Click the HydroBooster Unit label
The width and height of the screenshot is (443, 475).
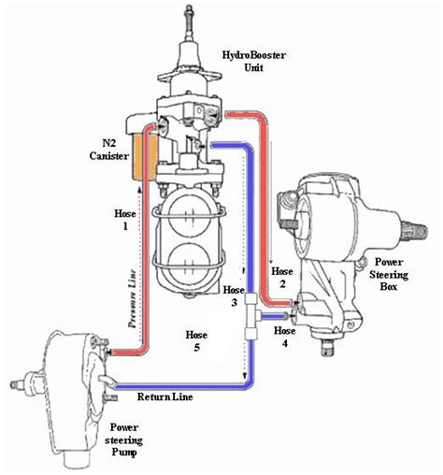pyautogui.click(x=253, y=62)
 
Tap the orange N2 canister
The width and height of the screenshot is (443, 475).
pyautogui.click(x=136, y=157)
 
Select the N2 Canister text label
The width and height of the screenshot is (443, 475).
pyautogui.click(x=109, y=150)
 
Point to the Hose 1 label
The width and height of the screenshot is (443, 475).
pyautogui.click(x=125, y=220)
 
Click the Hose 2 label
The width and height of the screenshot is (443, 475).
pyautogui.click(x=282, y=278)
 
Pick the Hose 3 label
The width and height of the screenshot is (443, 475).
pyautogui.click(x=234, y=295)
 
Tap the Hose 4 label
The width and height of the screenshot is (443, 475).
pyautogui.click(x=285, y=337)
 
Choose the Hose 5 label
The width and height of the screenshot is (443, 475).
pyautogui.click(x=196, y=340)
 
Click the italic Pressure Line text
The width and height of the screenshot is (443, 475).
pyautogui.click(x=133, y=298)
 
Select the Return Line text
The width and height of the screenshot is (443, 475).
pyautogui.click(x=165, y=396)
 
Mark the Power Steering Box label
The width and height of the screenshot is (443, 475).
pyautogui.click(x=389, y=274)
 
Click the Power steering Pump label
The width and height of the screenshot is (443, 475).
pyautogui.click(x=123, y=439)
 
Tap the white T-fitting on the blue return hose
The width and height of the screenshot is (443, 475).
pyautogui.click(x=251, y=316)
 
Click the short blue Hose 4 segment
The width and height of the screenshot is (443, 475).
pyautogui.click(x=274, y=317)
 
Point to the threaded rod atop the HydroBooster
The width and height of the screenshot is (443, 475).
pyautogui.click(x=188, y=22)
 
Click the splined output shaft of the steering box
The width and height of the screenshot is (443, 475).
pyautogui.click(x=414, y=231)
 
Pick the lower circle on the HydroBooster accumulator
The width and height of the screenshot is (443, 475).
pyautogui.click(x=189, y=262)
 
